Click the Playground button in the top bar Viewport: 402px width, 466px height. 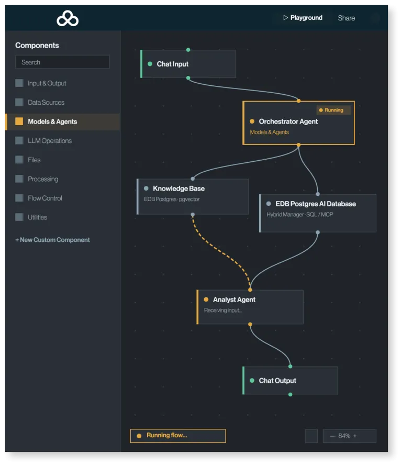[303, 18]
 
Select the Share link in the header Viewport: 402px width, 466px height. [346, 18]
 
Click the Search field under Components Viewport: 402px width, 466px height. [62, 62]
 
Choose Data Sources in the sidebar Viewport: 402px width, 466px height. [46, 103]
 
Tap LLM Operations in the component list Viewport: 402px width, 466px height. [50, 141]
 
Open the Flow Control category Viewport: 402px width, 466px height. [45, 198]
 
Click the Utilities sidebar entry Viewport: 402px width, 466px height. [38, 217]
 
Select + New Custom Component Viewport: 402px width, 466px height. [52, 240]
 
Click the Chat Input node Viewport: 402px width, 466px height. [188, 64]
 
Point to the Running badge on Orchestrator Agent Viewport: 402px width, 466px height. [333, 110]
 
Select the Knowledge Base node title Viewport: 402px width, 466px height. [178, 188]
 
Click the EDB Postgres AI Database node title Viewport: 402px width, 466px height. [316, 204]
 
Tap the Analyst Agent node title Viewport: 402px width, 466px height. [234, 299]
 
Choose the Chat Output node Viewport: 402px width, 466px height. [291, 381]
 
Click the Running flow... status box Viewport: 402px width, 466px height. [178, 436]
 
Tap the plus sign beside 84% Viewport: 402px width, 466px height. [355, 436]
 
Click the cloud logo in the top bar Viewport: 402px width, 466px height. [68, 18]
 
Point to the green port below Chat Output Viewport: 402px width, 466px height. [291, 395]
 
